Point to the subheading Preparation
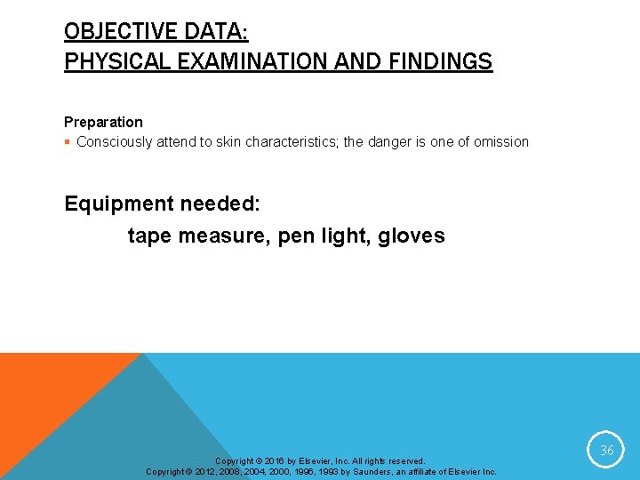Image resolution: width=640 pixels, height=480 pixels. (103, 122)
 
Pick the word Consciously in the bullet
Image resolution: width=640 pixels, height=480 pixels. (115, 141)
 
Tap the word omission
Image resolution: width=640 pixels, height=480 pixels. (500, 141)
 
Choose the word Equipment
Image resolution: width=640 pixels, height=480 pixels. (119, 204)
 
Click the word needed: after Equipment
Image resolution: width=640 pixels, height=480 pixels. (220, 204)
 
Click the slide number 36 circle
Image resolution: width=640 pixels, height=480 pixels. (607, 450)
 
